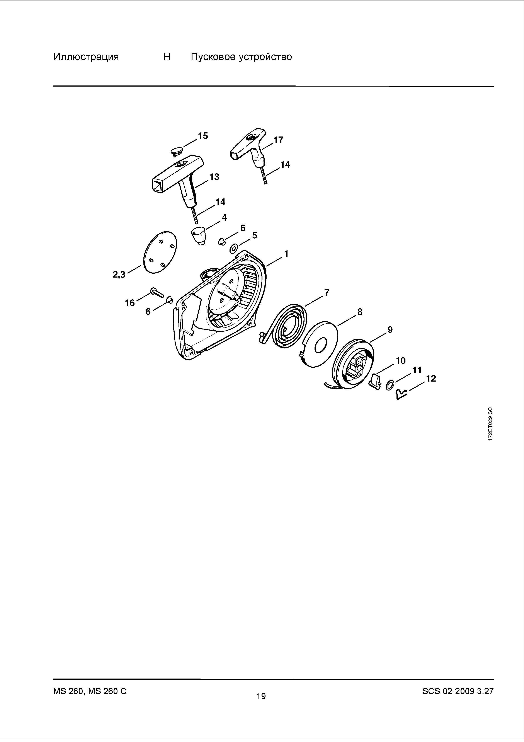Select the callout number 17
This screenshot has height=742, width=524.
tap(278, 140)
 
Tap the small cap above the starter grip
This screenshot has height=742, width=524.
tap(176, 151)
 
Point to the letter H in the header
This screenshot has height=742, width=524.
tap(167, 57)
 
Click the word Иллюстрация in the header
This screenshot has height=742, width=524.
tap(86, 57)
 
